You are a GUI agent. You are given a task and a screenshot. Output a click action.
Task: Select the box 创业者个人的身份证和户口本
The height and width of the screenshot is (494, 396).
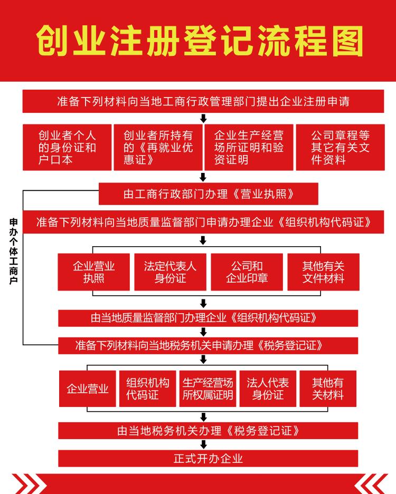click(x=67, y=147)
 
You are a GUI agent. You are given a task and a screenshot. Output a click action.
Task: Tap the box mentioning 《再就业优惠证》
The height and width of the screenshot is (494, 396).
click(x=158, y=147)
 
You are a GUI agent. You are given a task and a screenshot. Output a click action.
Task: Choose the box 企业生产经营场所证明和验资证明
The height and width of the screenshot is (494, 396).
click(x=249, y=147)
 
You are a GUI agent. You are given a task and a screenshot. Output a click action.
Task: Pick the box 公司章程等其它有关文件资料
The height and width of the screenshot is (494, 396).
click(x=340, y=147)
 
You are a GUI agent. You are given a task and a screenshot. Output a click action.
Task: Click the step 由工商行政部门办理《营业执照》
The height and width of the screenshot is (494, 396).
click(x=208, y=193)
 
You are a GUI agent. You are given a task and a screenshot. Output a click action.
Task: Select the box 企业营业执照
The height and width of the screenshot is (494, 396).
click(x=93, y=272)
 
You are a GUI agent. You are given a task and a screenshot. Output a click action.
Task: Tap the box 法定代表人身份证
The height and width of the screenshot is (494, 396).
click(x=170, y=272)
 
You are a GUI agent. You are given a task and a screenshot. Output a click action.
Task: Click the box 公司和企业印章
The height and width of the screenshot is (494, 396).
click(x=247, y=272)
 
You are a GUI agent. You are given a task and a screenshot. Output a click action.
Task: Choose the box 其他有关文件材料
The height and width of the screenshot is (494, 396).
click(x=323, y=272)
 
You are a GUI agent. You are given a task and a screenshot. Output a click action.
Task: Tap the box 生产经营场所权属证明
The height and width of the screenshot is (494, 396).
click(x=208, y=389)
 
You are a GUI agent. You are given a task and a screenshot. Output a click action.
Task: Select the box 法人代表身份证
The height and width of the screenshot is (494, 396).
click(x=268, y=389)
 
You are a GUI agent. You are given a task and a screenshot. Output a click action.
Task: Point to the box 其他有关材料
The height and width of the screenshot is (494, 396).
click(x=328, y=389)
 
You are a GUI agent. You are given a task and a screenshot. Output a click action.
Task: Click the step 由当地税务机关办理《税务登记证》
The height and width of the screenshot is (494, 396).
click(x=208, y=430)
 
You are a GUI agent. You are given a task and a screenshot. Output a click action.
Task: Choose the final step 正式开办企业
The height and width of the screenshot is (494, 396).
click(x=208, y=458)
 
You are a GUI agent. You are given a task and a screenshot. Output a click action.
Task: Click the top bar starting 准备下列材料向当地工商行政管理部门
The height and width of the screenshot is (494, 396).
click(x=203, y=101)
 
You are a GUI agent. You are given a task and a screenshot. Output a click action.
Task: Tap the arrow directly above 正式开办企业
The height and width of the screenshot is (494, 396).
click(x=203, y=444)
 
